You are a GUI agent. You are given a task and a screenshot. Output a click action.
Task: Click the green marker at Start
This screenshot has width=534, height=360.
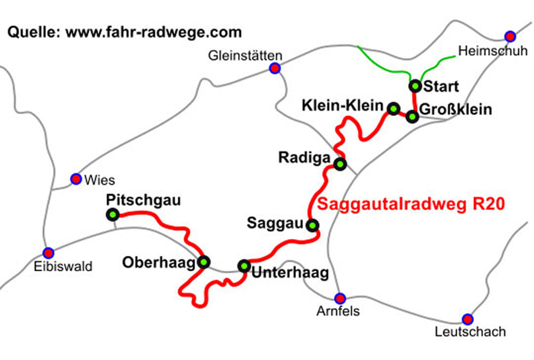tap(415, 85)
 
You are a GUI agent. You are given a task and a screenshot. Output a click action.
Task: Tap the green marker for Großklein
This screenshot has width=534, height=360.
tap(412, 116)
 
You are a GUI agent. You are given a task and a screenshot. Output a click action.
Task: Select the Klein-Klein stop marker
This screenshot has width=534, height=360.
tap(394, 109)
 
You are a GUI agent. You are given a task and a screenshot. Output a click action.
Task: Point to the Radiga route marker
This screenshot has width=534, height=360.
tap(340, 164)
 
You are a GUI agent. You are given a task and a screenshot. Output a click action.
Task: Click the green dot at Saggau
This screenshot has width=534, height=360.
tap(313, 225)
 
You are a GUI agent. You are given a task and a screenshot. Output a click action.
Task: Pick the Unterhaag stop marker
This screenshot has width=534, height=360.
tap(244, 265)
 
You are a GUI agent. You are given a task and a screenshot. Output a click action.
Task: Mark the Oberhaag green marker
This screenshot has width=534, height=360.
tap(203, 262)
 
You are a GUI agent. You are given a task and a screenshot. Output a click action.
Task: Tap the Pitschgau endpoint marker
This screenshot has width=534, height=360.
tap(113, 215)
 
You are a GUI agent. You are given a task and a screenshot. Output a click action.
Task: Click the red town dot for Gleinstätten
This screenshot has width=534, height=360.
tap(274, 68)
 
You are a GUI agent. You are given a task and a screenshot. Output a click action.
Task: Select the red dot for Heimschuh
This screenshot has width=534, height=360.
tap(511, 36)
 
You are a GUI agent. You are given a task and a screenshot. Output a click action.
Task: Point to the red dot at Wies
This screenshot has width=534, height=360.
tap(76, 179)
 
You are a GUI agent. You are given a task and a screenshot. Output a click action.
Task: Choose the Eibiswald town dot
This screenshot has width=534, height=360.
tap(49, 252)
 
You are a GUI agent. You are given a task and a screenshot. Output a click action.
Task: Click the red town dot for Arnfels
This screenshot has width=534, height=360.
tap(340, 298)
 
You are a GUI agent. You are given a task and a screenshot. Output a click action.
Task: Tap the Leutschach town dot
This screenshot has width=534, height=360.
tap(468, 319)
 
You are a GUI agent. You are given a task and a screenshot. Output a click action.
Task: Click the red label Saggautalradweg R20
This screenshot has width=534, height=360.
tap(411, 205)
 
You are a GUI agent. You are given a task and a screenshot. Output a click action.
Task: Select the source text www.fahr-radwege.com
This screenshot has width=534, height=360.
tap(154, 32)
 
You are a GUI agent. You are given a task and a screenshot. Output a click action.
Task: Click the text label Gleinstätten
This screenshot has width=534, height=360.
tap(246, 56)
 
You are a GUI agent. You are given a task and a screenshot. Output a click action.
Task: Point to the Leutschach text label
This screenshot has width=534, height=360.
tap(470, 332)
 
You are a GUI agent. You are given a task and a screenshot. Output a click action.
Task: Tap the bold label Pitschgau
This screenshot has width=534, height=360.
tap(144, 200)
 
